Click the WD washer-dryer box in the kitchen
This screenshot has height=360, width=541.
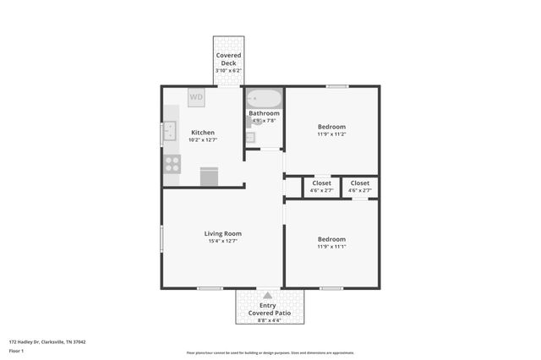tap(196, 97)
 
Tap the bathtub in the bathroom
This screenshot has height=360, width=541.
tap(263, 99)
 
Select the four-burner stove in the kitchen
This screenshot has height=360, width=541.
tap(172, 163)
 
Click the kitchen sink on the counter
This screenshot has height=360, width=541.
tap(170, 131)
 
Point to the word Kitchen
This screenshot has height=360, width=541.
tap(203, 133)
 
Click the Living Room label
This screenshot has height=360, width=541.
tap(223, 233)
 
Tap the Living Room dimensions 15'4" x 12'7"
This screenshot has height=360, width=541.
tap(223, 241)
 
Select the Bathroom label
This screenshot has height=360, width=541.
tap(265, 113)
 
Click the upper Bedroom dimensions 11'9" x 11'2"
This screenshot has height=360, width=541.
tap(332, 134)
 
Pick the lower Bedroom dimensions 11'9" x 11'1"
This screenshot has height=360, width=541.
tap(332, 246)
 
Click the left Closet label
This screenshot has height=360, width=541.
tap(321, 183)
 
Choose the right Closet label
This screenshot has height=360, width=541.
tap(360, 183)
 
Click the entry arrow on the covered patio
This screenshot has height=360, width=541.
tap(269, 296)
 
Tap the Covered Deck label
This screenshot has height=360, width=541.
tap(228, 59)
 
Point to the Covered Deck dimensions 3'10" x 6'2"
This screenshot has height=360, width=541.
tap(228, 71)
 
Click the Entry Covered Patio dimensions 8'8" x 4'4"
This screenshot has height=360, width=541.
tap(269, 320)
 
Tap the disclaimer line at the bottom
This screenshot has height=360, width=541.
tap(270, 352)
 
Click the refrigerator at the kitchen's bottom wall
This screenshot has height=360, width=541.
tap(209, 176)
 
